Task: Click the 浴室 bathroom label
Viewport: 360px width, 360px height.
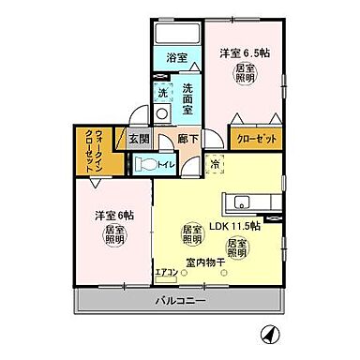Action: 177,57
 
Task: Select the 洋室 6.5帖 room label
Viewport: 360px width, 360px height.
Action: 246,52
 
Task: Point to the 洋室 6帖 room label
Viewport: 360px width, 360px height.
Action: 112,215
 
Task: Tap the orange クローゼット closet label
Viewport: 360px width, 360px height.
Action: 254,135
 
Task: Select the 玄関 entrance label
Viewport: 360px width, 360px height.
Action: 140,139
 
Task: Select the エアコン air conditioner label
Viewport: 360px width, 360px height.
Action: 167,272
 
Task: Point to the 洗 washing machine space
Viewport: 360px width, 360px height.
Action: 162,93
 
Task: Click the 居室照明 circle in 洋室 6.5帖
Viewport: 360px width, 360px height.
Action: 244,75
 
